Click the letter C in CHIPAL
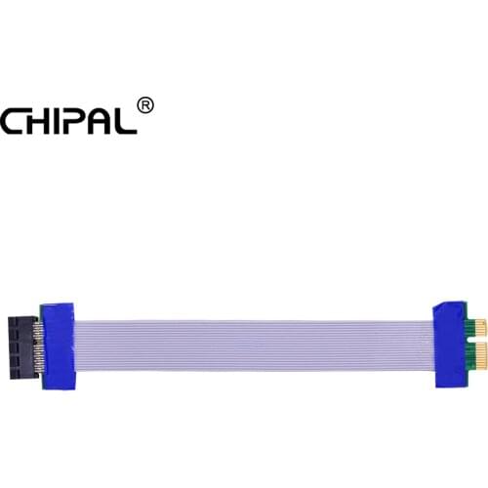coord(12,121)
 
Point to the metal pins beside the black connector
coord(40,346)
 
